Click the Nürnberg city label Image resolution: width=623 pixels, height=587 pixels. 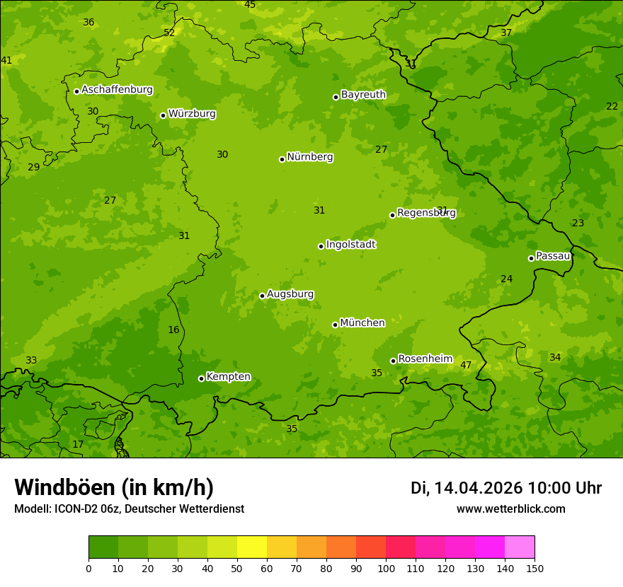coord(309,157)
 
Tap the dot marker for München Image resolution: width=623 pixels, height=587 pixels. coord(335,325)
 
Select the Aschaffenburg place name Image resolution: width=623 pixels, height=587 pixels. coord(117,90)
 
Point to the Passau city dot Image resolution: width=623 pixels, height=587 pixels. coord(531,258)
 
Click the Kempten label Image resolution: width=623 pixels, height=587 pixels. coord(228,377)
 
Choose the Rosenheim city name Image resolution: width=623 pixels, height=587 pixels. coord(425,359)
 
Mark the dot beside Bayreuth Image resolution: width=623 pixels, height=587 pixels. coord(336,97)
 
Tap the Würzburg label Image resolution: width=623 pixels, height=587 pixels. coord(192,114)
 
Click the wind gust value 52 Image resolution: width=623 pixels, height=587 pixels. coord(169,33)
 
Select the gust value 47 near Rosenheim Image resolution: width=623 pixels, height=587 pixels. coord(466,366)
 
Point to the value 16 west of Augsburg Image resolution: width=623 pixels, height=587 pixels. coord(173,330)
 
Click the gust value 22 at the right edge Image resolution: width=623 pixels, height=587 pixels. coord(612,106)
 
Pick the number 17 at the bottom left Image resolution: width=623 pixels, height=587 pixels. coord(78,445)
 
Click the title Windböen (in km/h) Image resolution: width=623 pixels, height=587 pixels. coord(114,487)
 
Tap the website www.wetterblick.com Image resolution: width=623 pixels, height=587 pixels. coord(510,509)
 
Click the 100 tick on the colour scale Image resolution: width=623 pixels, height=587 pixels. coord(386,568)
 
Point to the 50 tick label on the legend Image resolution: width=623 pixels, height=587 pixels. coord(237,568)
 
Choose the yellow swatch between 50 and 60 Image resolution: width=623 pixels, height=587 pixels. coord(252,547)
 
